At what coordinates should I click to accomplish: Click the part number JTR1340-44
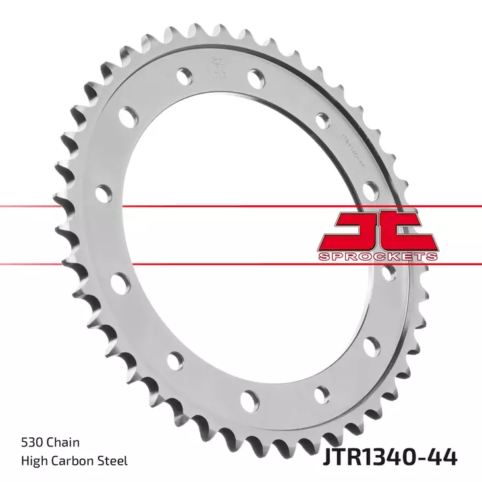point(390,456)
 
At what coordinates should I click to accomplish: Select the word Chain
point(65,443)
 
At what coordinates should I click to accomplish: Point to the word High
point(33,461)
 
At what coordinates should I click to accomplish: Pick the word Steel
point(113,461)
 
